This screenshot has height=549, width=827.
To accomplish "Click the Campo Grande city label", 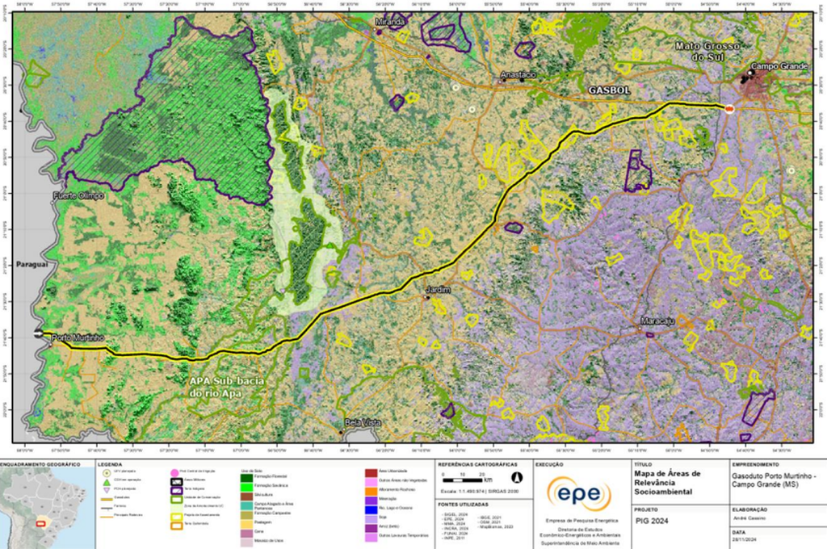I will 779,66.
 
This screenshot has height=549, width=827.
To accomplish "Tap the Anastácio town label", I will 518,74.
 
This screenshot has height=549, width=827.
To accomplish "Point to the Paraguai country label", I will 31,264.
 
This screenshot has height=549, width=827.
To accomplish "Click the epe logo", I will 579,493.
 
